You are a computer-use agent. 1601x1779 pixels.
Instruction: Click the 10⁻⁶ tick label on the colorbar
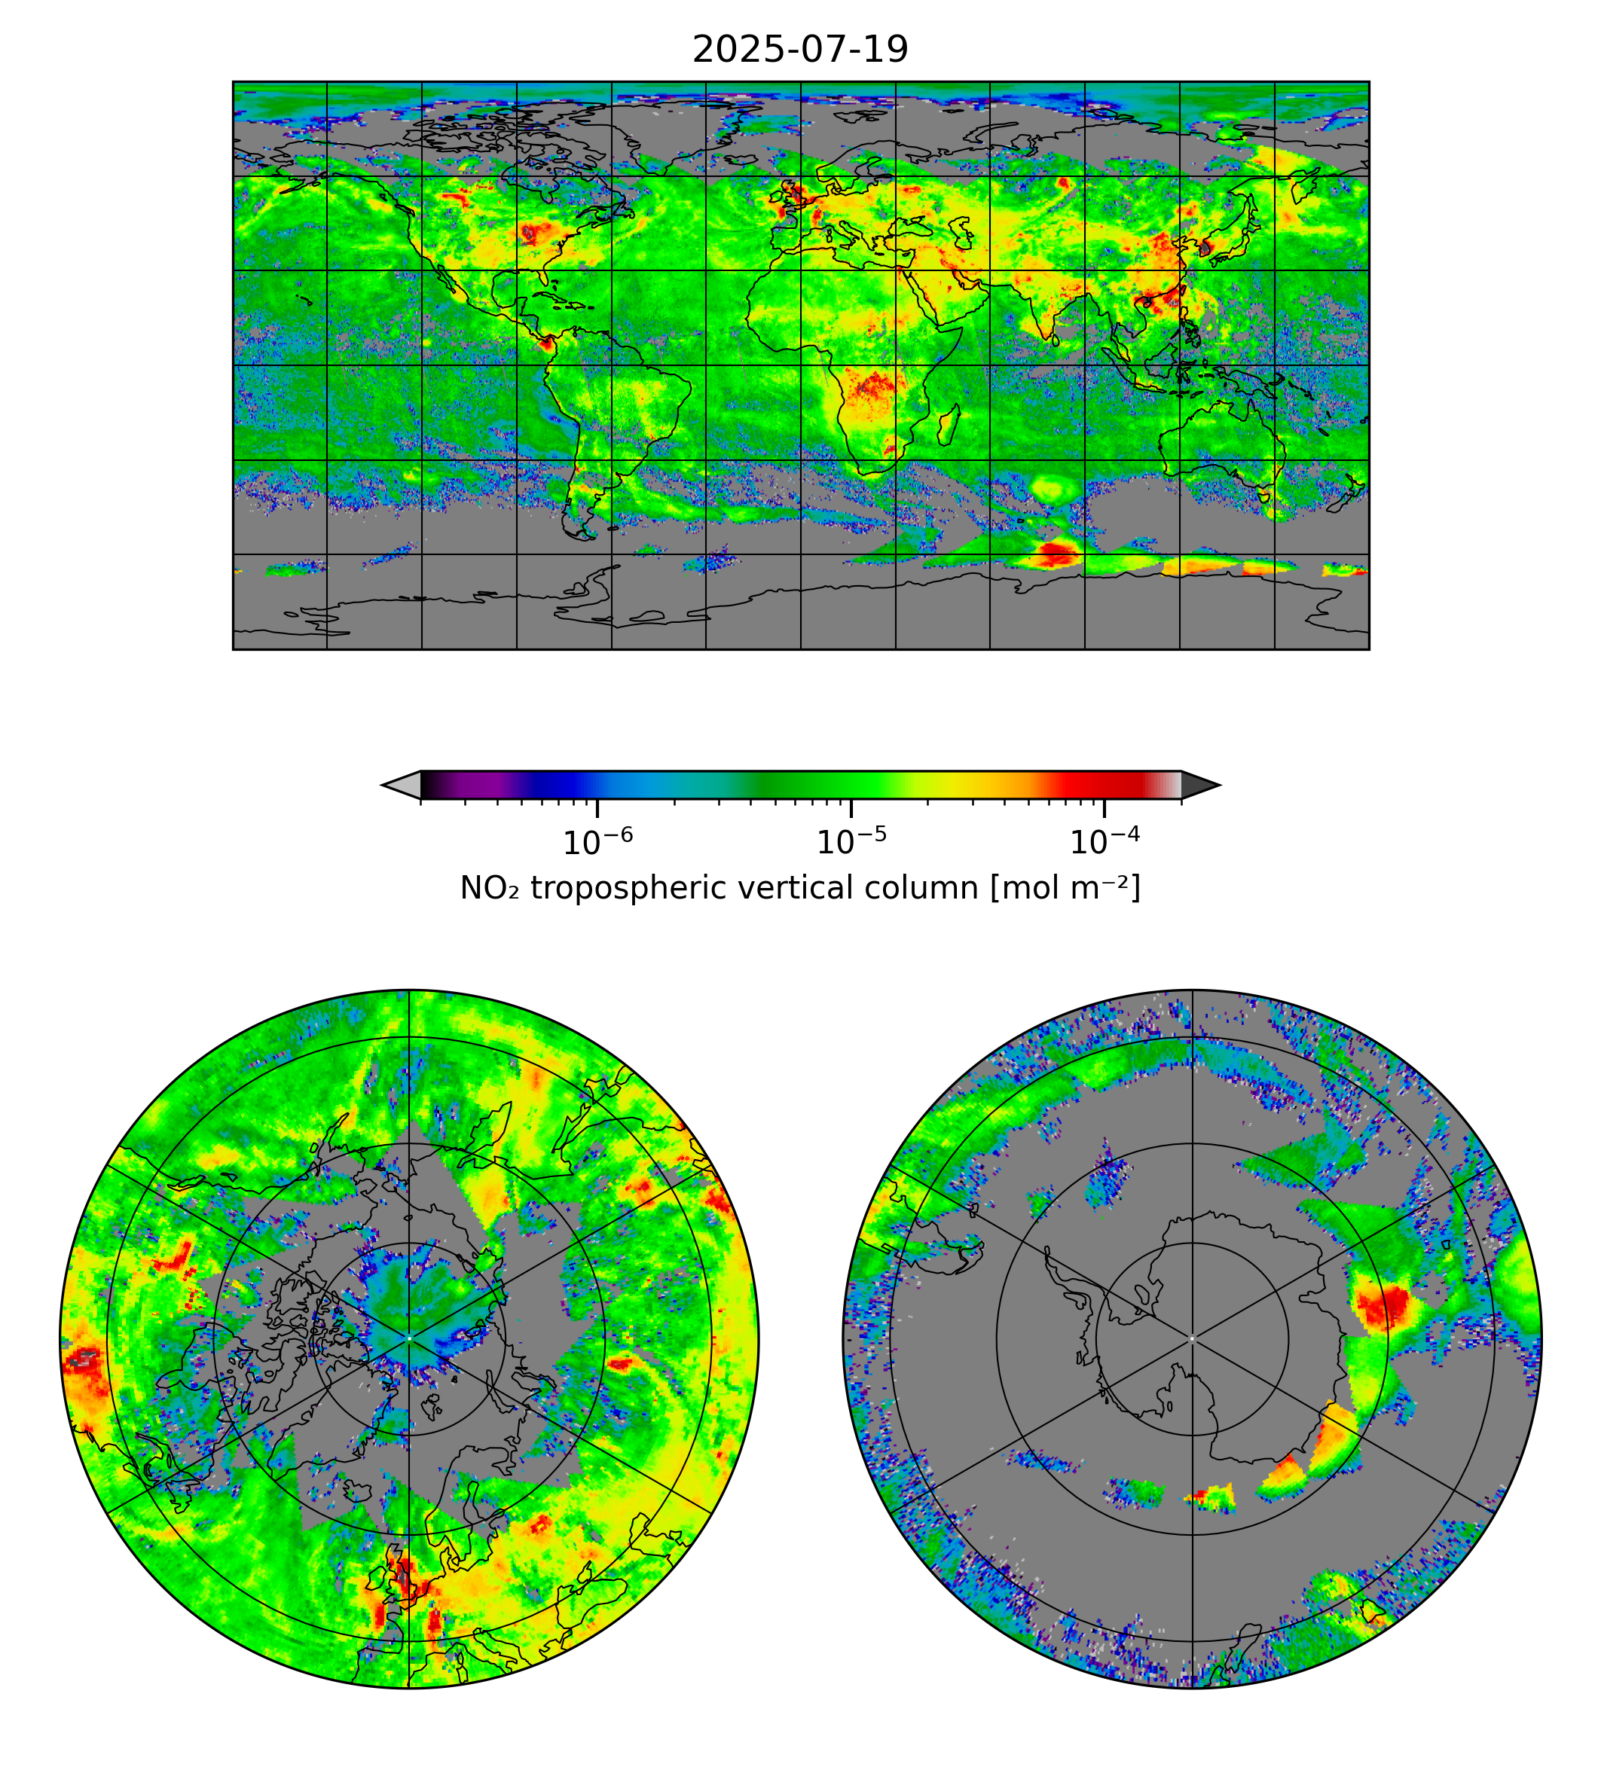(597, 841)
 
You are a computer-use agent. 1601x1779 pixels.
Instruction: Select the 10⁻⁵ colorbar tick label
(851, 841)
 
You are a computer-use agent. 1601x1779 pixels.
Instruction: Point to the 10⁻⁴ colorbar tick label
(1104, 841)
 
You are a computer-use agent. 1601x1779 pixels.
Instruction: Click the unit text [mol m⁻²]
(1065, 888)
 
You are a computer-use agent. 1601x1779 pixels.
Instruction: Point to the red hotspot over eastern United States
(530, 233)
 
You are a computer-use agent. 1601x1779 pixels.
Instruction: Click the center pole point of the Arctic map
(409, 1338)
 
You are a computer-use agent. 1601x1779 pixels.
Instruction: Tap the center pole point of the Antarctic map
(1192, 1338)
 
